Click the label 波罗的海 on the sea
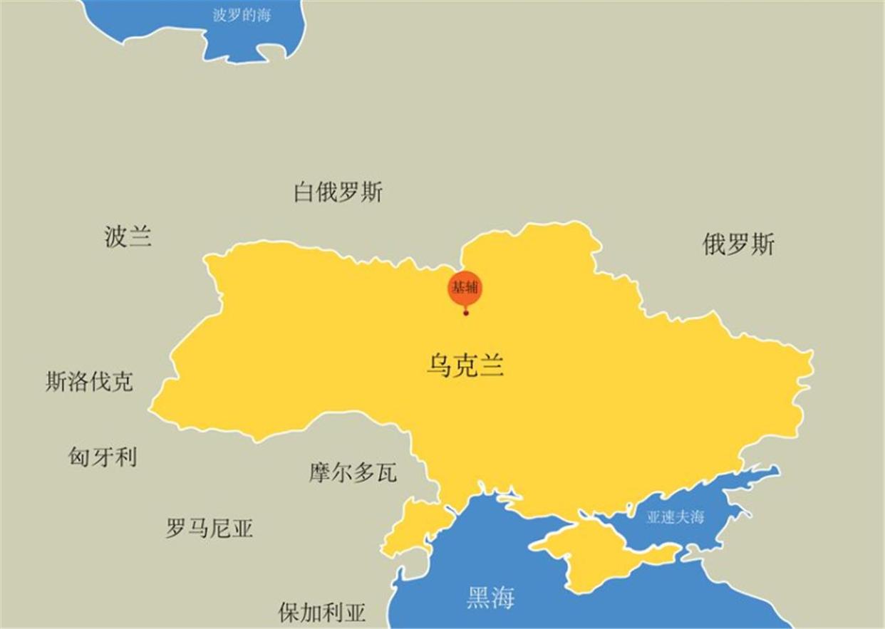(x=242, y=15)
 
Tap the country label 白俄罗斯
(x=338, y=192)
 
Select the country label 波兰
(x=128, y=236)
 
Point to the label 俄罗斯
(x=738, y=244)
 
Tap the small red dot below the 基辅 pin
(x=466, y=313)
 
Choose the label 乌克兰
(x=465, y=366)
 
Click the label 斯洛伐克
(x=89, y=383)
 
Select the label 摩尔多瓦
(x=353, y=472)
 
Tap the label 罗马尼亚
(x=209, y=529)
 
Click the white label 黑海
(x=490, y=598)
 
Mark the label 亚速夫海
(x=675, y=517)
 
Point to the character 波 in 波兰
(x=116, y=236)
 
